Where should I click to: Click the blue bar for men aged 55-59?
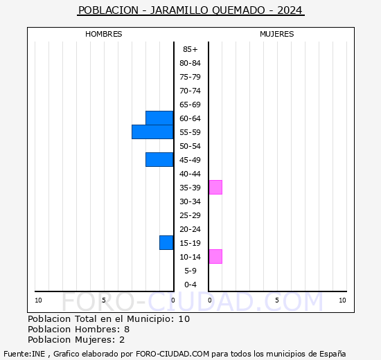click(x=152, y=132)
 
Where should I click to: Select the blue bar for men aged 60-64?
click(x=159, y=118)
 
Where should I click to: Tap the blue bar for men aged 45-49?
click(x=159, y=160)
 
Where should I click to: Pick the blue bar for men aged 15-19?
click(x=166, y=243)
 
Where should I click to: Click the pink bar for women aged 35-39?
click(x=215, y=188)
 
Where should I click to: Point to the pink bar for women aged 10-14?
click(x=215, y=257)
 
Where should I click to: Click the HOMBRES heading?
click(x=103, y=34)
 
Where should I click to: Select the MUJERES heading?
click(x=277, y=34)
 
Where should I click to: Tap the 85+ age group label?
click(x=190, y=49)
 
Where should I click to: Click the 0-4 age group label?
click(x=190, y=285)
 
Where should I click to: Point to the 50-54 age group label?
click(x=190, y=146)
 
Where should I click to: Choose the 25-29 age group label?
click(x=190, y=215)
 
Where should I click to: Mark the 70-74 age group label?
click(x=190, y=91)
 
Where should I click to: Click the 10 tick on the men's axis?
click(x=38, y=300)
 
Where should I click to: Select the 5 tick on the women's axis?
click(x=277, y=300)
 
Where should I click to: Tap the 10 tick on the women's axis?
click(x=342, y=300)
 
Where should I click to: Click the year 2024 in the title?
click(x=290, y=10)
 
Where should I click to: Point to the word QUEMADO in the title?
click(x=238, y=10)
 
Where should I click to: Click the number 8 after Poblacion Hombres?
click(x=127, y=330)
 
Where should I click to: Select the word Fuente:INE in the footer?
click(x=24, y=354)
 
